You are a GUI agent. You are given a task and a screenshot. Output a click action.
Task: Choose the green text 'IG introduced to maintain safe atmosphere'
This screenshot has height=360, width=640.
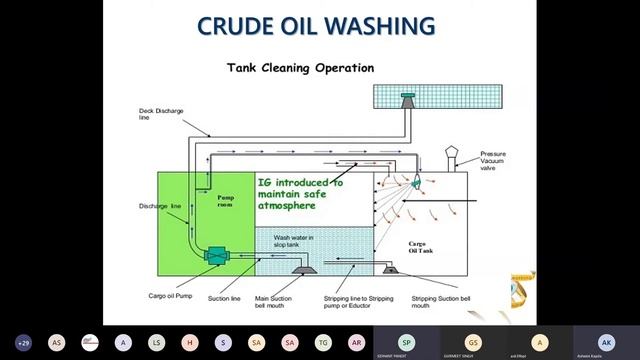click(299, 194)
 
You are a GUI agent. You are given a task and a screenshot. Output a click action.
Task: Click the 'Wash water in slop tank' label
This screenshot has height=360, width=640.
click(294, 241)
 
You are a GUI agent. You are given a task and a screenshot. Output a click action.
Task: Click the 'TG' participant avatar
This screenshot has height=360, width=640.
click(323, 342)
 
